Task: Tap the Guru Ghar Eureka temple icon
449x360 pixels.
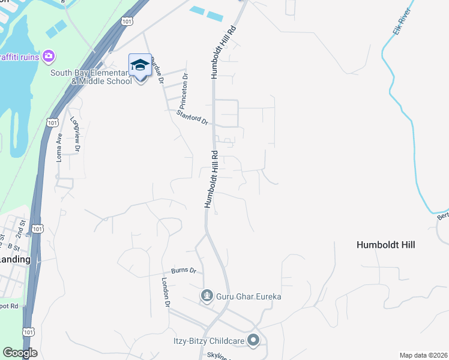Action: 207,295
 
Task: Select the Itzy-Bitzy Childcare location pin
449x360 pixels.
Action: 253,340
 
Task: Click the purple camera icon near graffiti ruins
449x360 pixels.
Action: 49,56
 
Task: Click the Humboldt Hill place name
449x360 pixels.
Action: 385,245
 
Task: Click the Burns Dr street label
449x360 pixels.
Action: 184,271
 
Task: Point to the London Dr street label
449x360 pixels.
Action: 166,292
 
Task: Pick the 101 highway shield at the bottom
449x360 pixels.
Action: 28,332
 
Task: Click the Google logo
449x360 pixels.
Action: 20,353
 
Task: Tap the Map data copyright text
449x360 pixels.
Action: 423,355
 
